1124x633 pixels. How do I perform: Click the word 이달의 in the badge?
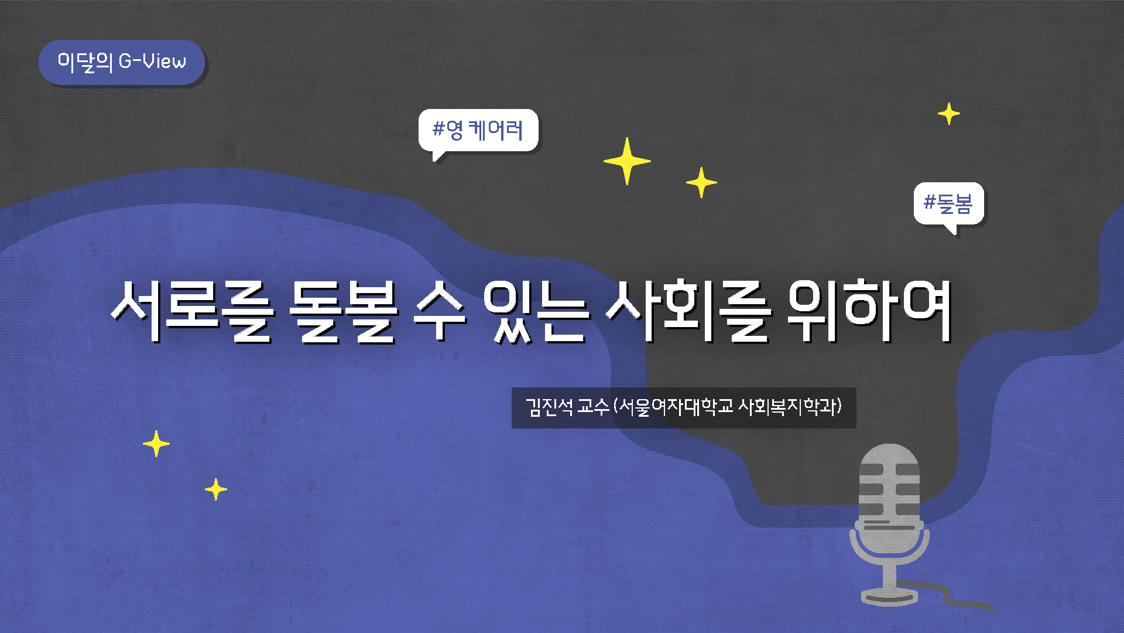point(84,62)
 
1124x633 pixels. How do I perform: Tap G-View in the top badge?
point(152,61)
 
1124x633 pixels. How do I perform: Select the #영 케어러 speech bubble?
point(478,130)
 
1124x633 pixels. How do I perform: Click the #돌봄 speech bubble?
point(948,203)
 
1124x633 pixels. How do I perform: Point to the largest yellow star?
point(627,161)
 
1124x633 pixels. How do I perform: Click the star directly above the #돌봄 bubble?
point(948,114)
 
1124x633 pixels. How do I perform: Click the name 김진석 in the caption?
point(549,407)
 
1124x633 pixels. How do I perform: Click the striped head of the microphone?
point(889,481)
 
